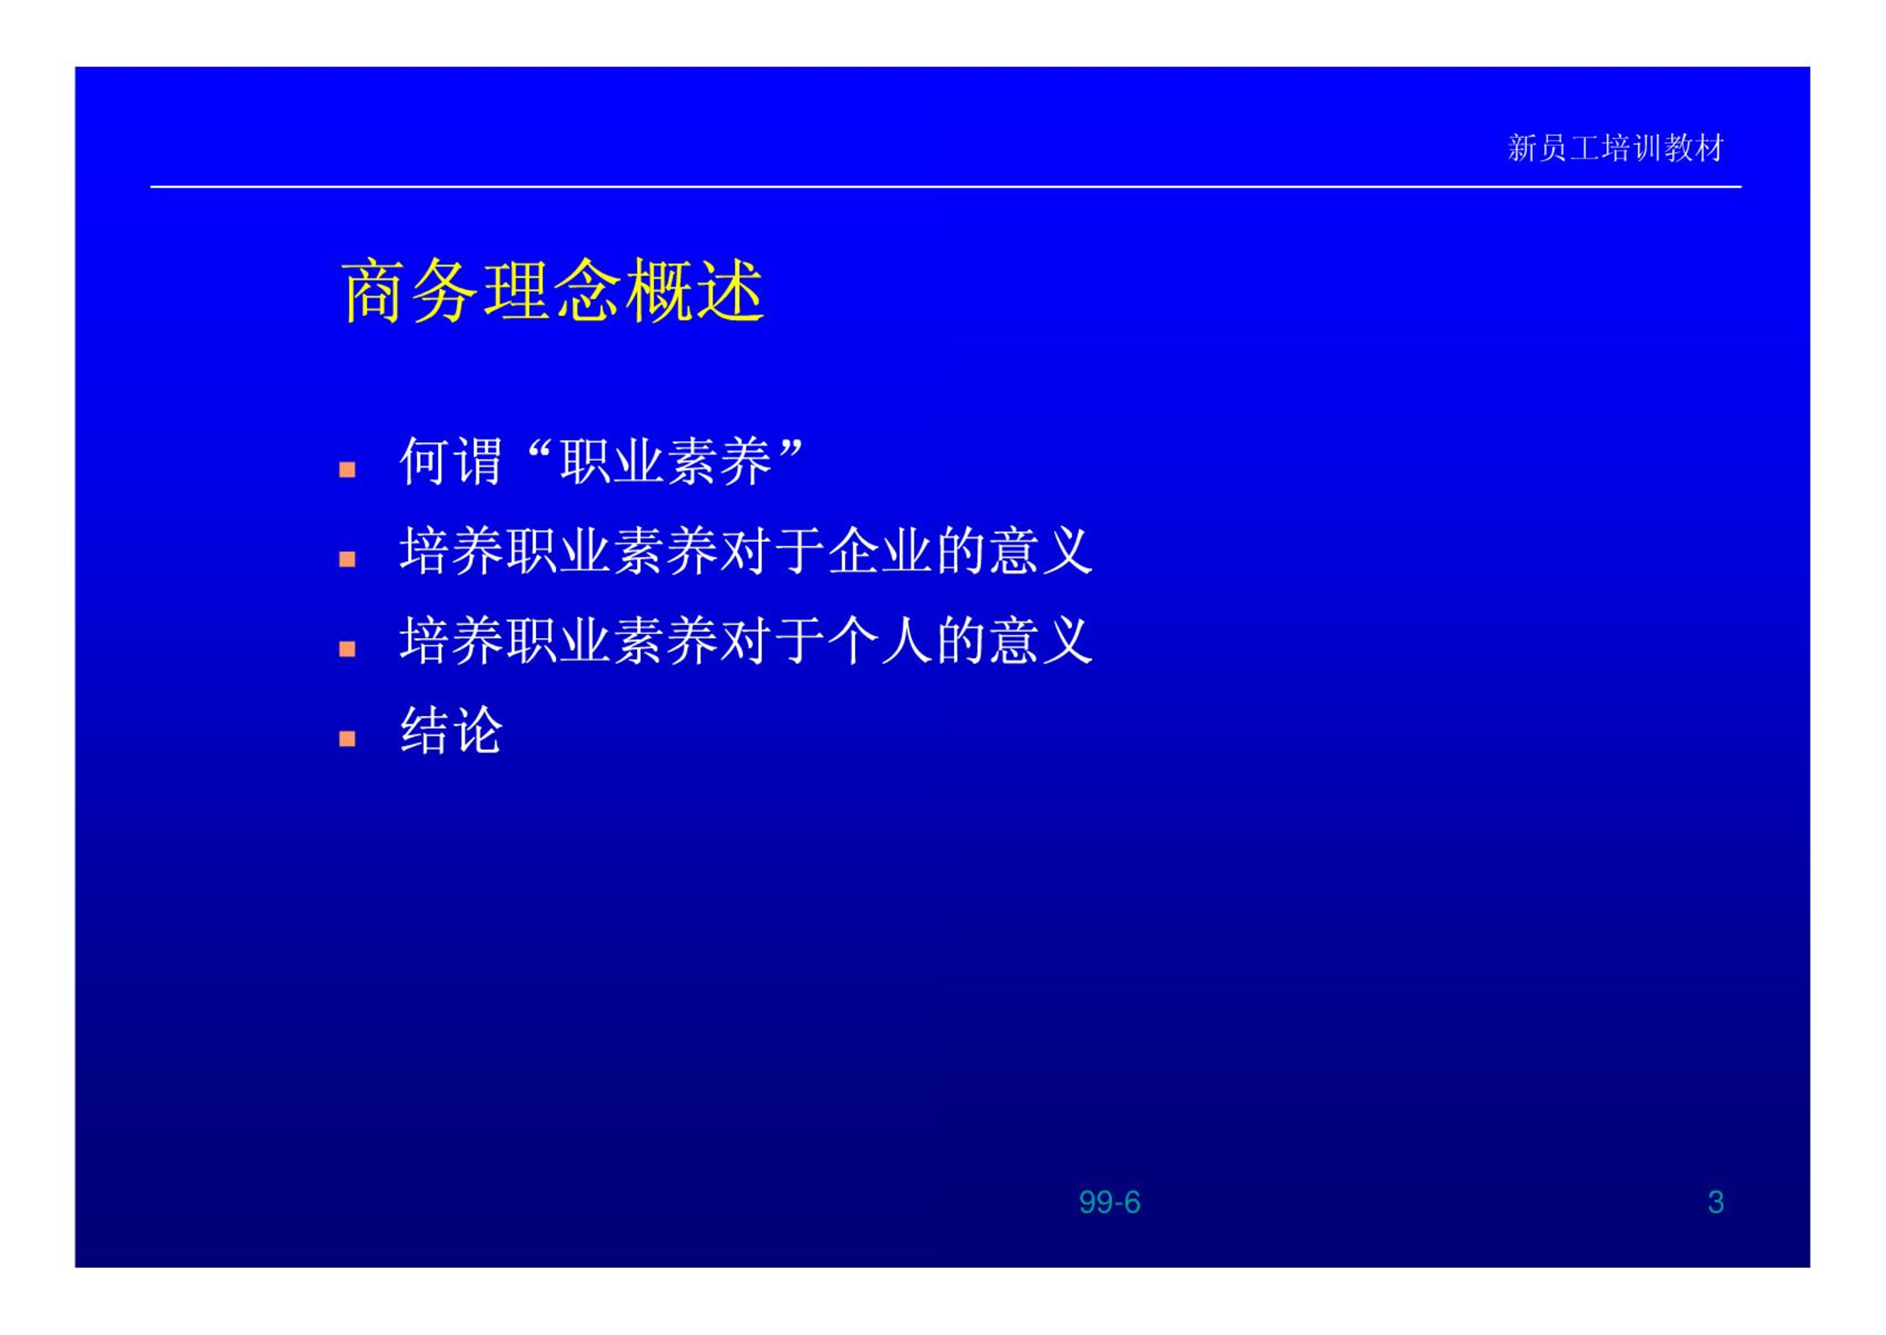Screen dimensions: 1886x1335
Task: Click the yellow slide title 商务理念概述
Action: coord(553,290)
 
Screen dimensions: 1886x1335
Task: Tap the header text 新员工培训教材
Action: coord(1615,148)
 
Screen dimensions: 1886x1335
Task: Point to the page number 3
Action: coord(1715,1202)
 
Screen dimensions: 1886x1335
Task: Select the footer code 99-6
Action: coord(1109,1202)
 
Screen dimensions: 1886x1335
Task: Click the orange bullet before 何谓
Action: coord(348,469)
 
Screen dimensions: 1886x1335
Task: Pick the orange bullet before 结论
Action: coord(348,738)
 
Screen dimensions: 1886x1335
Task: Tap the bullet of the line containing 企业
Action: coord(348,559)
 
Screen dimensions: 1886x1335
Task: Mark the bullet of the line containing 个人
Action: coord(348,648)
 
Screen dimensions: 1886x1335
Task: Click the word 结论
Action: coord(451,729)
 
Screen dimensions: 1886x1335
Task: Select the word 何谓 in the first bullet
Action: coord(451,461)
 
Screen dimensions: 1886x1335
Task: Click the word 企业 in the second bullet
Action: coord(879,550)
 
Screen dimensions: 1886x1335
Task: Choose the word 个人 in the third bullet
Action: coord(879,640)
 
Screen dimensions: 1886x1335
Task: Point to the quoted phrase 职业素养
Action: coord(666,461)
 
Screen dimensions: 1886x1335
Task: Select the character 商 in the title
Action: coord(374,290)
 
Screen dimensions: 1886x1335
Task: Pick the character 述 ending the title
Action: coord(730,290)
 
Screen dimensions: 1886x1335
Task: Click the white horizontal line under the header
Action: coord(946,187)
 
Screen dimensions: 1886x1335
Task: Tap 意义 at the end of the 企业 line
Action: coord(1041,550)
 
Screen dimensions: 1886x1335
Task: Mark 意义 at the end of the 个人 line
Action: coord(1041,640)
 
